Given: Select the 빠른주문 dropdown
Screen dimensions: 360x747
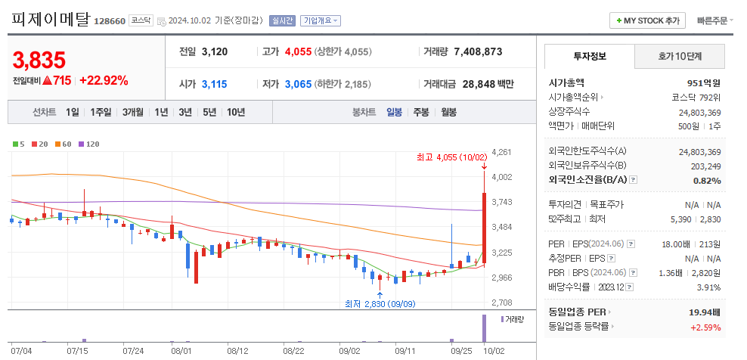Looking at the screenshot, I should pyautogui.click(x=714, y=20).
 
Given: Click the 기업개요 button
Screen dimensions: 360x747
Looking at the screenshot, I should pyautogui.click(x=321, y=21).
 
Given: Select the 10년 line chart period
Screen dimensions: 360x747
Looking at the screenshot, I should pyautogui.click(x=236, y=112).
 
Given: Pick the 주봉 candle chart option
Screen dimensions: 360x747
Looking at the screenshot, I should pyautogui.click(x=421, y=112).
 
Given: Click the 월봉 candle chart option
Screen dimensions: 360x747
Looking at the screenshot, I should pyautogui.click(x=448, y=112).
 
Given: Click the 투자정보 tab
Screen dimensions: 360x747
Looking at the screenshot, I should pyautogui.click(x=590, y=56).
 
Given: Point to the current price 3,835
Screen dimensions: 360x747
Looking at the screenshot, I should pyautogui.click(x=39, y=60).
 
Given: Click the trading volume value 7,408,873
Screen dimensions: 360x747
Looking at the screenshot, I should pyautogui.click(x=478, y=52).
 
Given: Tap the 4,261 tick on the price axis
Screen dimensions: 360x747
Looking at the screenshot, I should pyautogui.click(x=501, y=152).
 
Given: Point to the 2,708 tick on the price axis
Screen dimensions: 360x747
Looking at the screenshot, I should pyautogui.click(x=501, y=303).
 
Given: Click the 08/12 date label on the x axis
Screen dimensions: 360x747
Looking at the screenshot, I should pyautogui.click(x=237, y=351).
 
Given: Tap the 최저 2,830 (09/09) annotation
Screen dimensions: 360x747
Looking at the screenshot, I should pyautogui.click(x=380, y=303).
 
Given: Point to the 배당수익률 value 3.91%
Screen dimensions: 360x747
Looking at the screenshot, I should pyautogui.click(x=708, y=287).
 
